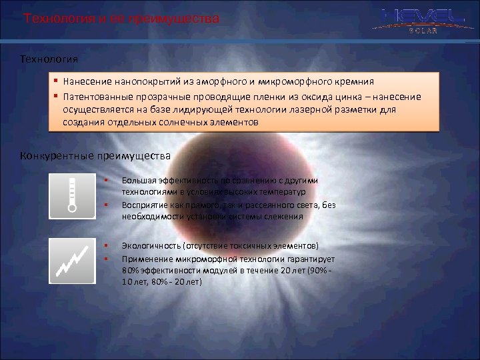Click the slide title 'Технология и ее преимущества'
pos(121,19)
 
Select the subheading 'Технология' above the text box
pos(49,60)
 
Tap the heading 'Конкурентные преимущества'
pos(95,156)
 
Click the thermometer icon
pos(73,196)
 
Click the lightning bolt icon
pos(73,261)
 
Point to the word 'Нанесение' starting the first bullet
pos(87,83)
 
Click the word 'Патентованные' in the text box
pos(96,97)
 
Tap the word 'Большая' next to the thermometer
pos(139,181)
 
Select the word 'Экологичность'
pos(151,245)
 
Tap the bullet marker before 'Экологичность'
pos(106,245)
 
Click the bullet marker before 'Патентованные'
pos(58,97)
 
